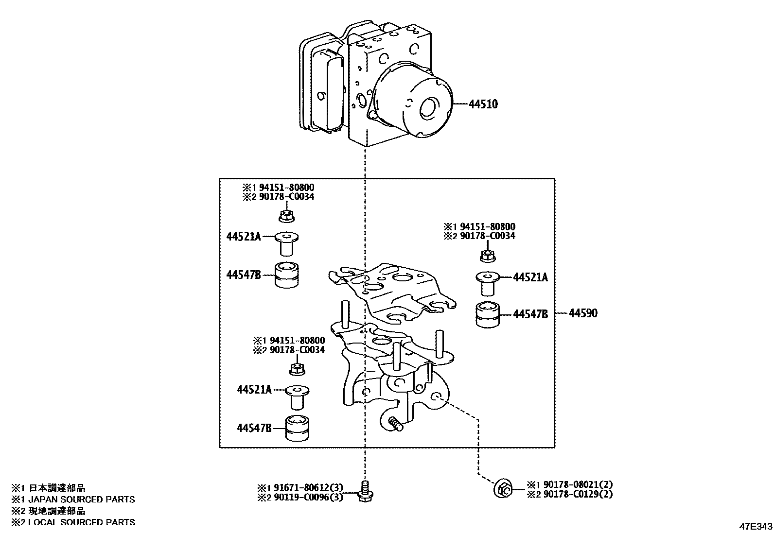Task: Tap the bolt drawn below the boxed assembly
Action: (363, 491)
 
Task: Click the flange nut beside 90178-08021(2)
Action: (502, 489)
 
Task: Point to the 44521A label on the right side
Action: (530, 277)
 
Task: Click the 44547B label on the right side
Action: (530, 314)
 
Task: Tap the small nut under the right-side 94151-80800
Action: (487, 256)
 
